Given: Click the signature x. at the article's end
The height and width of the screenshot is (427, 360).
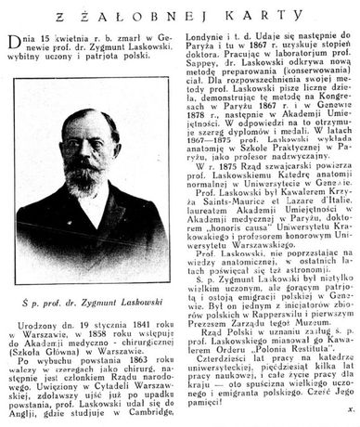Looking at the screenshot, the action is point(349,420).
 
